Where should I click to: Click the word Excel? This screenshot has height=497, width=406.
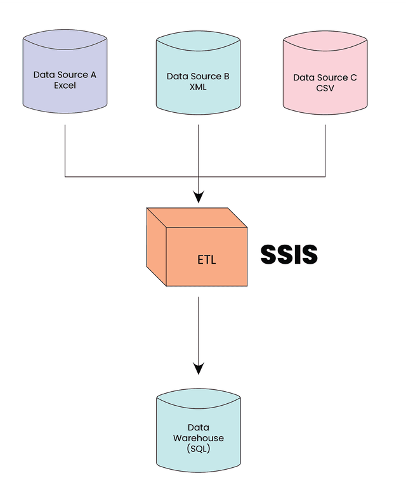(65, 85)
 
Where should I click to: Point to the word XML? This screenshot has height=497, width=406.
(198, 87)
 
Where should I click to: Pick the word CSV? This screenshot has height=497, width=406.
(325, 88)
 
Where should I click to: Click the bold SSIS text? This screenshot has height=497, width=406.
(289, 255)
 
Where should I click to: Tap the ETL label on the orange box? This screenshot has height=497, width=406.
(207, 259)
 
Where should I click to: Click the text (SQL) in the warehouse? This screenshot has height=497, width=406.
(198, 449)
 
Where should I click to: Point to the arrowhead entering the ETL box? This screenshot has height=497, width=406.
(199, 197)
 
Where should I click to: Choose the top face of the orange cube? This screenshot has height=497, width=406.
(197, 217)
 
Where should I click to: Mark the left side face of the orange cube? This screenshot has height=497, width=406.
(156, 247)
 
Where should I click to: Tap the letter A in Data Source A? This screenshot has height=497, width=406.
(93, 75)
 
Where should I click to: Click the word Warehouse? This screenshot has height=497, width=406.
(198, 438)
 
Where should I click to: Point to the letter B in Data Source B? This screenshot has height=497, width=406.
(226, 77)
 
